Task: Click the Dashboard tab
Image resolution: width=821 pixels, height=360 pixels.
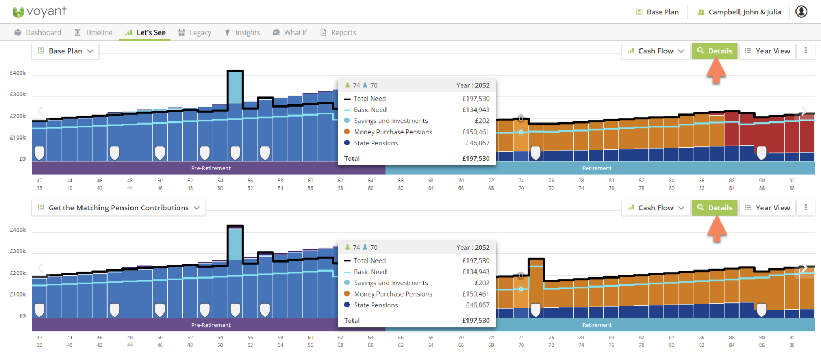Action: (38, 32)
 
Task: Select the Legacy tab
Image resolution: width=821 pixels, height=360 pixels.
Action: (195, 32)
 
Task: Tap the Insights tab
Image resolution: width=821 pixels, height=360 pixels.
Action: (242, 32)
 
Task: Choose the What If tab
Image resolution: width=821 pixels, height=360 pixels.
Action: (290, 32)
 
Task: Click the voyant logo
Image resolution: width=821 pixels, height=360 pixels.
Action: (40, 12)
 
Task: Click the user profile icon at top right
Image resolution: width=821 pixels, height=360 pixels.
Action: (801, 12)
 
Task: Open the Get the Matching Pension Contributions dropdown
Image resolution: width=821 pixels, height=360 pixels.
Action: (119, 208)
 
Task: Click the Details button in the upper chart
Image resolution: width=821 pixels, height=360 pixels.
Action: (715, 51)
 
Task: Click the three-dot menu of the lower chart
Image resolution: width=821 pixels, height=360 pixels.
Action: (806, 208)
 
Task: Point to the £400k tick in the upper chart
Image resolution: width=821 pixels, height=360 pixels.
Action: (18, 73)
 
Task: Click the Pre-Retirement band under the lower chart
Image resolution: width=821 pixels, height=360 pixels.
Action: (211, 325)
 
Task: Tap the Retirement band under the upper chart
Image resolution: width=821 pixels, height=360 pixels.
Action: (596, 168)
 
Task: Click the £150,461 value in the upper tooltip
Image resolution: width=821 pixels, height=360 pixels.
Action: (475, 132)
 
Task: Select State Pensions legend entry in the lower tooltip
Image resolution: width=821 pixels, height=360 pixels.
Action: (376, 305)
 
